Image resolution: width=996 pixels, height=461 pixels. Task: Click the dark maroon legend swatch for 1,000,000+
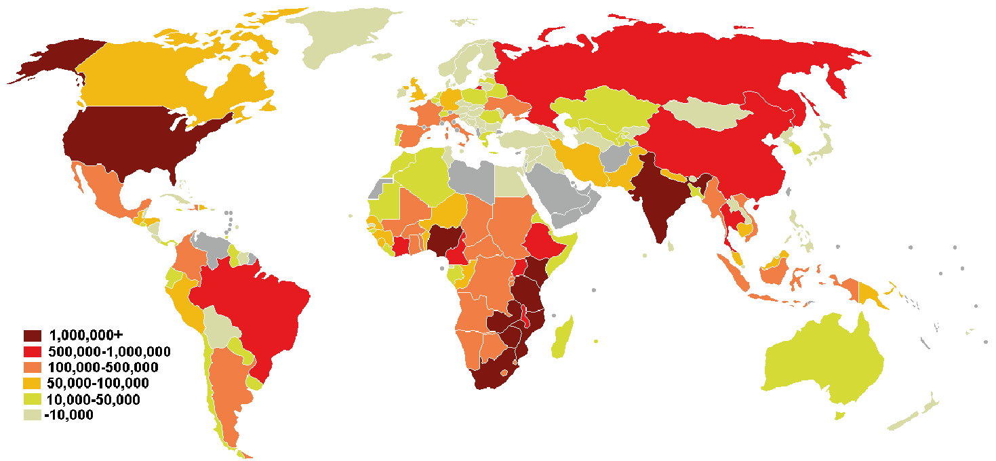33,336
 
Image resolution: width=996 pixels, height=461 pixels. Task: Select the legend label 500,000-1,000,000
109,351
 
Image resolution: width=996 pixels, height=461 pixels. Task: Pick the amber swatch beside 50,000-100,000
33,384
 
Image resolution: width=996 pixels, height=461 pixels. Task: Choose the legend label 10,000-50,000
94,400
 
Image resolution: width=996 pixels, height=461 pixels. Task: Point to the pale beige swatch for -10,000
33,416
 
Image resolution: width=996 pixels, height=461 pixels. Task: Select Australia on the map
828,355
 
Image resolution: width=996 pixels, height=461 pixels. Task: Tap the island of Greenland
346,34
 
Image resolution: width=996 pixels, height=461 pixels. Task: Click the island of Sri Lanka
671,246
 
